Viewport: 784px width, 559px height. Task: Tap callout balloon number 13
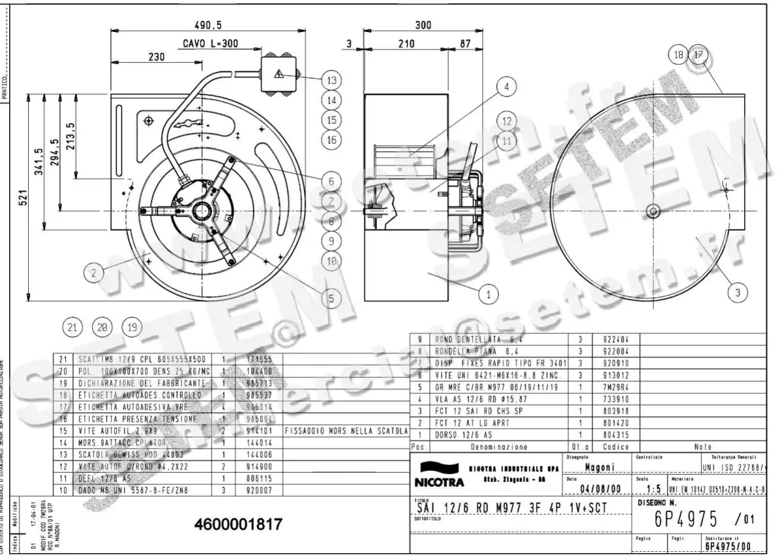click(x=332, y=80)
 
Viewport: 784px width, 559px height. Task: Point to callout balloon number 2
click(x=94, y=273)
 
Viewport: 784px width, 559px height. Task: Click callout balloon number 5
click(x=331, y=298)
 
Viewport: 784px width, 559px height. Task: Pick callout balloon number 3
click(x=738, y=293)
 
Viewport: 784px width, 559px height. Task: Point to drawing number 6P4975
click(x=686, y=520)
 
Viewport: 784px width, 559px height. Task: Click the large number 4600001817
click(x=238, y=524)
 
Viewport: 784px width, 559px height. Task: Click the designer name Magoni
click(x=598, y=467)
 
